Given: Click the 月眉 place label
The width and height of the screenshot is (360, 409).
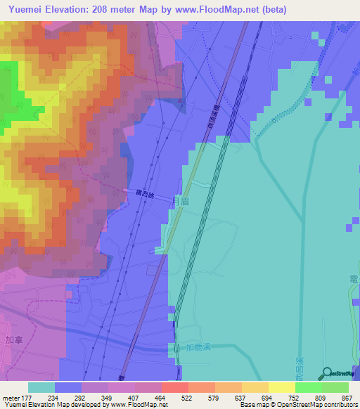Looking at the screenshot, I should [x=181, y=201].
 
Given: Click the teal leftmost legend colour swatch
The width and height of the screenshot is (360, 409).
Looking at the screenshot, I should [x=41, y=387].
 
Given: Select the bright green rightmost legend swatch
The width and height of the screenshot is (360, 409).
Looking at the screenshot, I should [x=335, y=387].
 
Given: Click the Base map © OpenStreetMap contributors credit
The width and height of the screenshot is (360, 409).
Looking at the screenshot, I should [x=298, y=405].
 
